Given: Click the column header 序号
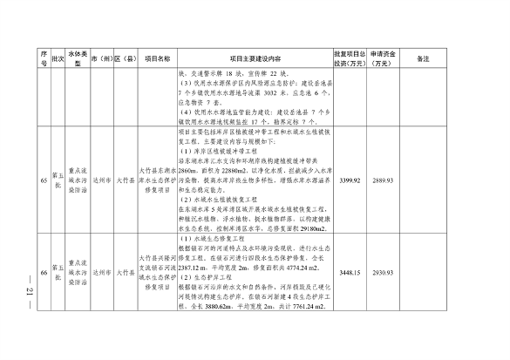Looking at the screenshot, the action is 43,58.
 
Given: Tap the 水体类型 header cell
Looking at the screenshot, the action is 78,58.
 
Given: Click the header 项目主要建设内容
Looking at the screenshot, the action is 253,58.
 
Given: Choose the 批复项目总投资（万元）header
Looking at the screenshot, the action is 350,58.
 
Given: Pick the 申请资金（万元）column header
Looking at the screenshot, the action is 384,58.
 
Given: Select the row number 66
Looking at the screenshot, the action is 43,273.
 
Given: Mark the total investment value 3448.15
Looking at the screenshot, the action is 349,273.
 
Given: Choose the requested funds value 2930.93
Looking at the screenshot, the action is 384,273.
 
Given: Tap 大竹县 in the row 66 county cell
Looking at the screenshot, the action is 126,273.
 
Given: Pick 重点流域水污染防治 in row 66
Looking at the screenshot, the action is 78,273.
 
